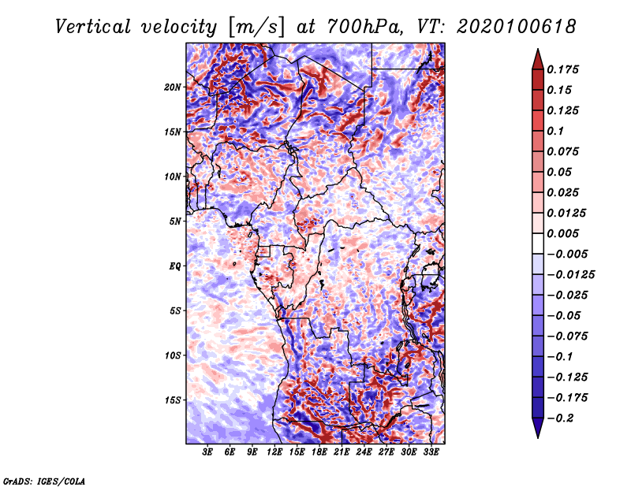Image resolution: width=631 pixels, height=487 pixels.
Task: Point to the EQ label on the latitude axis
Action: point(175,266)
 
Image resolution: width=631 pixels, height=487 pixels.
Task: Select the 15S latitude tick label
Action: point(174,400)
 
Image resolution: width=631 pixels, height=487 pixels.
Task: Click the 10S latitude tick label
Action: point(174,355)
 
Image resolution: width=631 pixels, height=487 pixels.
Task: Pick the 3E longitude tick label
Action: point(208,453)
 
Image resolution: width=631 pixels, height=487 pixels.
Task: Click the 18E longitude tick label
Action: point(319,453)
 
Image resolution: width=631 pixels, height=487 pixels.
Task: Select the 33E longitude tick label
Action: point(431,453)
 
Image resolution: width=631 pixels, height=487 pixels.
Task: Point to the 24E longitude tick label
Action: point(364,453)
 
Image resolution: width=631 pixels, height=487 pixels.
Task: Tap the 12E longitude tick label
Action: point(275,453)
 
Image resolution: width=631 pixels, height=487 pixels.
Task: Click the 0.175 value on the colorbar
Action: point(563,69)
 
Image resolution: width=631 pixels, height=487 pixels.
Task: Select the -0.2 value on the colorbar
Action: point(562,418)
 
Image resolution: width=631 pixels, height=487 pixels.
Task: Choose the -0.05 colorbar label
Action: point(563,315)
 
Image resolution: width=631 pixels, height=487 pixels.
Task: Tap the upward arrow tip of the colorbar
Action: point(536,51)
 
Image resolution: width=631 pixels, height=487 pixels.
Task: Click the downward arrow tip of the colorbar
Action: point(536,436)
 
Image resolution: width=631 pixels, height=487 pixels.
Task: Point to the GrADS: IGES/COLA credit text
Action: point(44,480)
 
